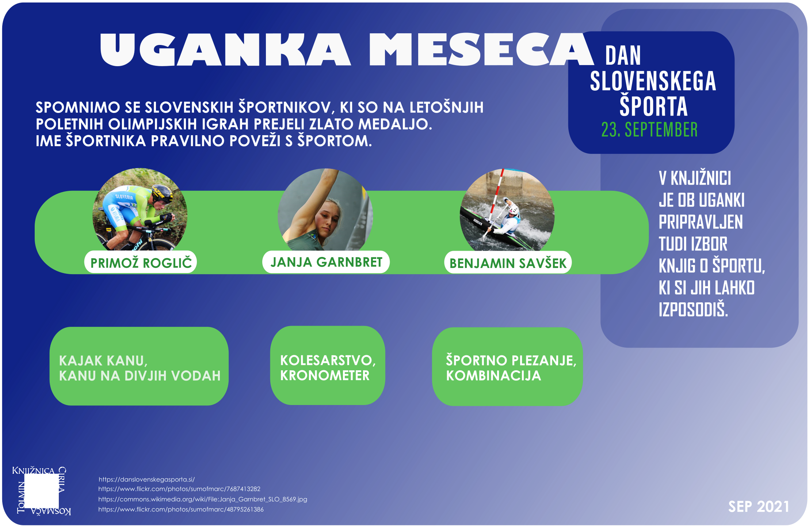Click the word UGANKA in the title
(x=225, y=50)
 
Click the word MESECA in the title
(x=482, y=50)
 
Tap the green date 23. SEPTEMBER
(x=649, y=130)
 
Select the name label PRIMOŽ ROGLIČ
(x=141, y=262)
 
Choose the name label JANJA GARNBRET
(x=326, y=262)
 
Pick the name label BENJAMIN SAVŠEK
(x=508, y=263)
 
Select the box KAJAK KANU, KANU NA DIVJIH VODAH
(x=139, y=366)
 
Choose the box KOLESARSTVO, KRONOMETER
(x=328, y=366)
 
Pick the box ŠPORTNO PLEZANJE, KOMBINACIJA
(x=507, y=367)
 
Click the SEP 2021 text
(x=759, y=507)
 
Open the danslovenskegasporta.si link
(x=146, y=479)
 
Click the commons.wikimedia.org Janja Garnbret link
(x=203, y=499)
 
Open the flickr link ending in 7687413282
(x=179, y=489)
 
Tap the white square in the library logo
(x=41, y=491)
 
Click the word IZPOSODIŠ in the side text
(x=693, y=309)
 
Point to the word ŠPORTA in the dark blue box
(x=653, y=106)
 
